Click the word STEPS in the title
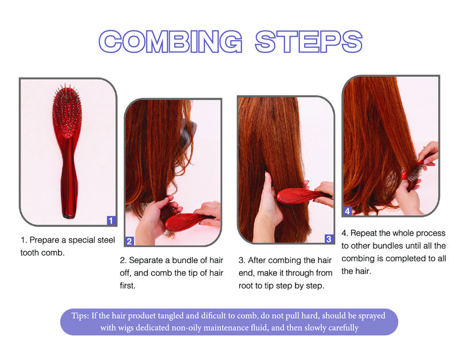pos(308,41)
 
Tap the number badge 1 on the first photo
pos(111,220)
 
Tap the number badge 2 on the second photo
pos(130,241)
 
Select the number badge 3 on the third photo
pos(328,238)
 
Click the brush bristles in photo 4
pos(413,174)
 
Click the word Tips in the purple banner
pos(81,316)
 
